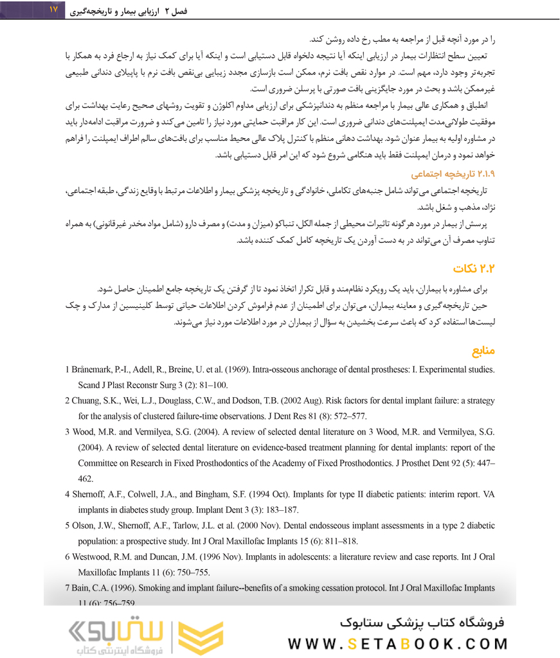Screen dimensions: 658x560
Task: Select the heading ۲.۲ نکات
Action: (x=473, y=267)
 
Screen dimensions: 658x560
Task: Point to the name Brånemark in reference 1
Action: (x=94, y=369)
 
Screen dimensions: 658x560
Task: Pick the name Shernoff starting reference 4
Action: (x=90, y=494)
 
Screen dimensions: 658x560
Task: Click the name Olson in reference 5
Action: (x=84, y=525)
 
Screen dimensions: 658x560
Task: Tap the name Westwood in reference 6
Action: (x=95, y=556)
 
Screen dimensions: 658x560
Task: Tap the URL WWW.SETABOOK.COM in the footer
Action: (x=398, y=643)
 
